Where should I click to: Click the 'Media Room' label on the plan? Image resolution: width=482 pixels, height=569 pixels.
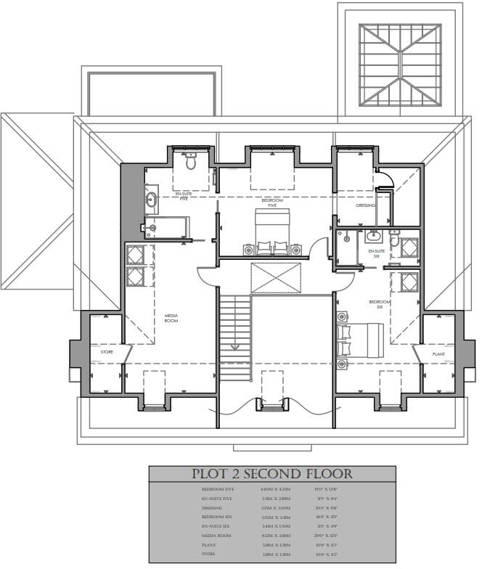click(171, 317)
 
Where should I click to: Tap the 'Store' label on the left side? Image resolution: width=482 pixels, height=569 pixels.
click(107, 352)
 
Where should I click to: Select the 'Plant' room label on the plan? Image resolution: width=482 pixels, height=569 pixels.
click(438, 354)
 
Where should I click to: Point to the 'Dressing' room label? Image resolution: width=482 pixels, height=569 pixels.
click(366, 205)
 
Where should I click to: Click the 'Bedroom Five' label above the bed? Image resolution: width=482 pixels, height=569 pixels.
click(268, 202)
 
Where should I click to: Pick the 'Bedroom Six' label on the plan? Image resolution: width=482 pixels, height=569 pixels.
click(380, 304)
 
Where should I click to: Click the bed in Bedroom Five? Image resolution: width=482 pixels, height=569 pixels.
click(271, 232)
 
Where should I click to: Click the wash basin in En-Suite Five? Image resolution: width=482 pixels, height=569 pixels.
click(152, 197)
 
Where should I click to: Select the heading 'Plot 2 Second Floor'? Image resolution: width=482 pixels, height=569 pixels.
click(272, 475)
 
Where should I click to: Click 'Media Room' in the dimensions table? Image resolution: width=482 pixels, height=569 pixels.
click(216, 535)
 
